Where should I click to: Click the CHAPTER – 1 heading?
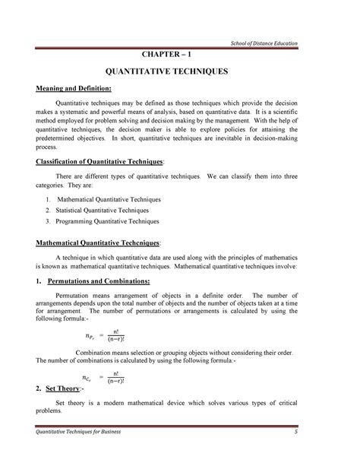click(169, 55)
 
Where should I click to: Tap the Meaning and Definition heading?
click(74, 92)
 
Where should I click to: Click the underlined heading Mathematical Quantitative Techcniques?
click(99, 243)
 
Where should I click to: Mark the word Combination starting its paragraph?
click(97, 353)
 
